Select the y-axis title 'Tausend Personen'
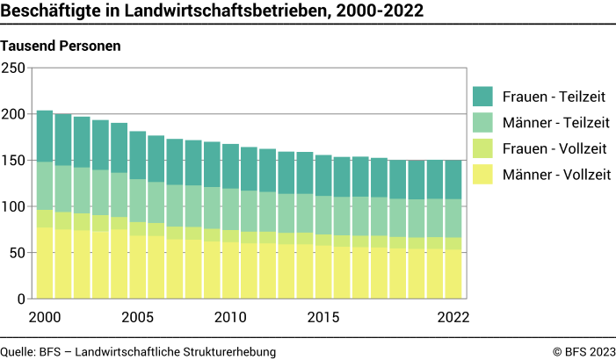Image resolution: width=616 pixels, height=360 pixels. point(61,45)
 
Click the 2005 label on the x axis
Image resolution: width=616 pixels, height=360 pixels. point(137,316)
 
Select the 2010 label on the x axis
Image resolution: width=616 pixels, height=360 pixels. point(230,316)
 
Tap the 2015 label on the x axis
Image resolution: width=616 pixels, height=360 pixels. point(323,316)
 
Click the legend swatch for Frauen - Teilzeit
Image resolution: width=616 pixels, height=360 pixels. point(483,96)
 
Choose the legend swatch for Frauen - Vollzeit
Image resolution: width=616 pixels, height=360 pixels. point(483,148)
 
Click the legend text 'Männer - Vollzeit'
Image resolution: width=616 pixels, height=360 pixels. point(556,175)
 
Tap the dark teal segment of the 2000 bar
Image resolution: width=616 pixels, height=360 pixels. point(45,136)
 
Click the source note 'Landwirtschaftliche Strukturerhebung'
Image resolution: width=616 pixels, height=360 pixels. point(176,351)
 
